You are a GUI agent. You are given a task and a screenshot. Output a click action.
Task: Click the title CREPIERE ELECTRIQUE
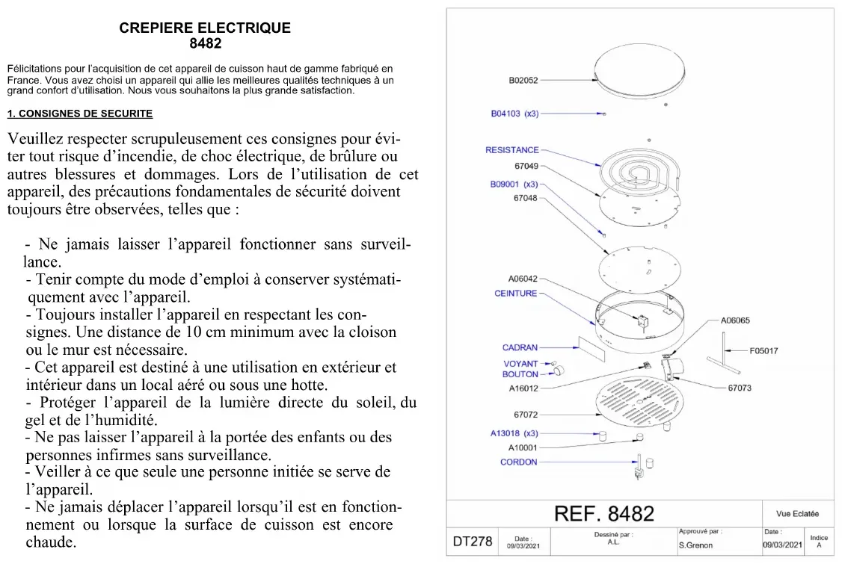click(205, 28)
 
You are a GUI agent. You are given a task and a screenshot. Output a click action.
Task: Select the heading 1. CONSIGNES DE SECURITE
click(80, 114)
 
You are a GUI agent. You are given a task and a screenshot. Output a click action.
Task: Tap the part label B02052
click(523, 79)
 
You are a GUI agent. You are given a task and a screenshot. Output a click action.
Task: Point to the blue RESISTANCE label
click(511, 150)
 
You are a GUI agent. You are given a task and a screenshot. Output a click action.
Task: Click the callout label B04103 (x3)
click(514, 114)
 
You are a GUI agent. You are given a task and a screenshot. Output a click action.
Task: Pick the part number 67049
click(526, 165)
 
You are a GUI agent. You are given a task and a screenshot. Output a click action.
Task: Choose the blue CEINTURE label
click(516, 294)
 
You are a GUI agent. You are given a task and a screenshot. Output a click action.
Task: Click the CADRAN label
click(520, 347)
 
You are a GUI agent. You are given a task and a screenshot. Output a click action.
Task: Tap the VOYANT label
click(520, 364)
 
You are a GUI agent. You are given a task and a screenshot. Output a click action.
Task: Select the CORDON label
click(519, 462)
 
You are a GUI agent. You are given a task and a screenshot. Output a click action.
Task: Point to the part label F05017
click(763, 350)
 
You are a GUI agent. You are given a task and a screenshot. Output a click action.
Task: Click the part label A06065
click(735, 320)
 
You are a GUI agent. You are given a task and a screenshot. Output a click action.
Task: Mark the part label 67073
click(740, 388)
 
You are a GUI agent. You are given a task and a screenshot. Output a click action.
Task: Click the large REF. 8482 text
click(603, 514)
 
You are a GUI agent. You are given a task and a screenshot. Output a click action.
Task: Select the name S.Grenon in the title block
click(695, 545)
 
